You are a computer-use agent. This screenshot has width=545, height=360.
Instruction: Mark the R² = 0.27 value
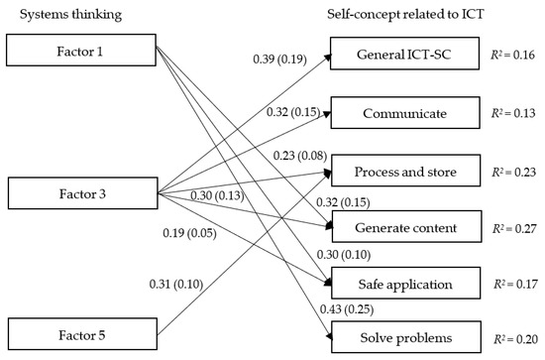516,227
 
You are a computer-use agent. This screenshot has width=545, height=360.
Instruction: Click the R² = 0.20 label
516,340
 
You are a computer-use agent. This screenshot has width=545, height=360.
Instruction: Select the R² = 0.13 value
516,114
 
